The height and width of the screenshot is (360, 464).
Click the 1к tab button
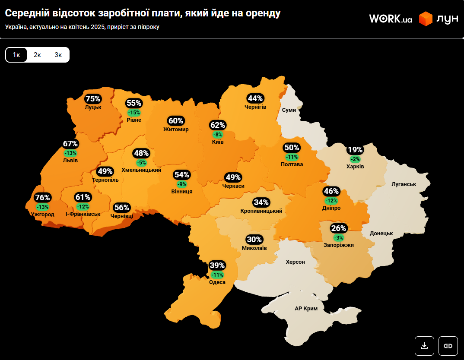(x=16, y=55)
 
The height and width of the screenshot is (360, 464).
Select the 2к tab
(x=37, y=55)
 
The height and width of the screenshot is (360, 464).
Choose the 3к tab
(x=58, y=55)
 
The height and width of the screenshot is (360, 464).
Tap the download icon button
(x=424, y=346)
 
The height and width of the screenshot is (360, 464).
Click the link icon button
(x=448, y=346)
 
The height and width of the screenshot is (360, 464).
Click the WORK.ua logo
(x=390, y=19)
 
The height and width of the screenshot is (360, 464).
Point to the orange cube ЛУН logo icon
(x=426, y=19)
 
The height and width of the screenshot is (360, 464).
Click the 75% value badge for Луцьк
(x=93, y=98)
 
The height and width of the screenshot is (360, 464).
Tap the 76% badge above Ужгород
(x=43, y=198)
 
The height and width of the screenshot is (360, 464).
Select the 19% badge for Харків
(x=355, y=150)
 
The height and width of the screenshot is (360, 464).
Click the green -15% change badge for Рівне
(x=134, y=113)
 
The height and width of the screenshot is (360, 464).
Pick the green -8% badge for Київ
(x=218, y=135)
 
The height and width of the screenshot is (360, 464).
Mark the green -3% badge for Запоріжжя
(x=339, y=238)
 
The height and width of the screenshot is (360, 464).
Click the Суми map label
(x=289, y=110)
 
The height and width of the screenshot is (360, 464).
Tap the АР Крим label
(x=306, y=309)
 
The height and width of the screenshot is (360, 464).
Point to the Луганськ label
(x=404, y=184)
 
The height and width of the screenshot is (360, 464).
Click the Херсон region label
(x=295, y=262)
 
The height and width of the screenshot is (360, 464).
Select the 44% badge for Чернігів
(x=255, y=98)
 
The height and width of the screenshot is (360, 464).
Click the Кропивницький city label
(x=261, y=211)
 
